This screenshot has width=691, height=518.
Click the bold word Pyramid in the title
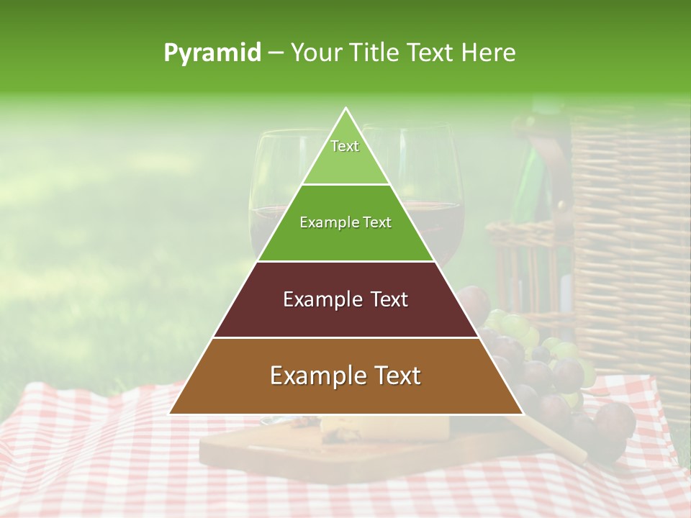coord(212,53)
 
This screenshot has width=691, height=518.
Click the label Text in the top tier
coord(345,146)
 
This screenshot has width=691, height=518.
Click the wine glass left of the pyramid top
coord(274,194)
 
